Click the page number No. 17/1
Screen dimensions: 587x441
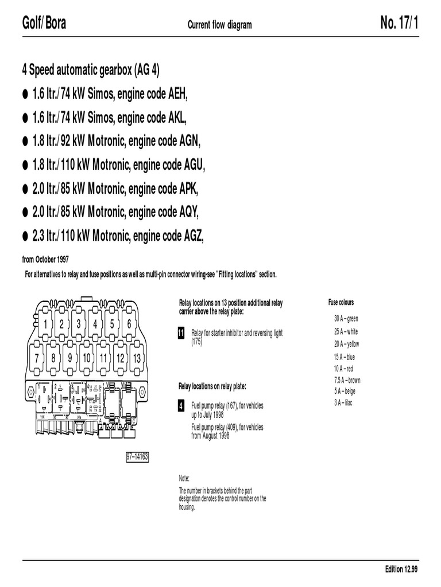pyautogui.click(x=400, y=24)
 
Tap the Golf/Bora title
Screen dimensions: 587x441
pyautogui.click(x=44, y=24)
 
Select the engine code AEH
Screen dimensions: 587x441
pyautogui.click(x=176, y=94)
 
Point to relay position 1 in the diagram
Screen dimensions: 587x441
pyautogui.click(x=44, y=324)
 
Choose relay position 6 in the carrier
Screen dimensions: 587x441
pyautogui.click(x=129, y=324)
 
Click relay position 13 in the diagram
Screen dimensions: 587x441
pyautogui.click(x=137, y=358)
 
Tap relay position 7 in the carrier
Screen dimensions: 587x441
pyautogui.click(x=36, y=358)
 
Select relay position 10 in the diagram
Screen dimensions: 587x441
pyautogui.click(x=87, y=358)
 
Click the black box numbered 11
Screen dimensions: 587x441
pyautogui.click(x=181, y=334)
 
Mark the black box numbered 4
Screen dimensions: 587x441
pyautogui.click(x=181, y=406)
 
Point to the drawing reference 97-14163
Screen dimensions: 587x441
pyautogui.click(x=137, y=457)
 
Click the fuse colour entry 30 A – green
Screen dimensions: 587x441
pyautogui.click(x=346, y=318)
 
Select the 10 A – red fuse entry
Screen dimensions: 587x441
pyautogui.click(x=343, y=369)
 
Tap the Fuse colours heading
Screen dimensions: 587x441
pyautogui.click(x=341, y=303)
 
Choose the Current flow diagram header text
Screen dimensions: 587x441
pyautogui.click(x=220, y=25)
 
